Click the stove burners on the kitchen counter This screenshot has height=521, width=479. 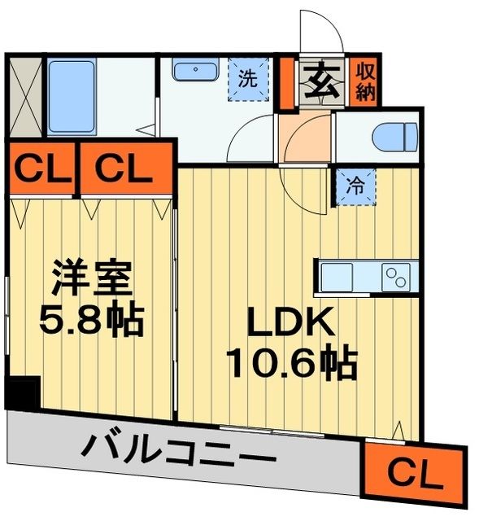pos(397,275)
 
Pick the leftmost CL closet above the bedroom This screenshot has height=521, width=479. pos(40,169)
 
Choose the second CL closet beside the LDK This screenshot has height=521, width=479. pos(125,169)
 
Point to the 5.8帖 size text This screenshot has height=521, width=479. pos(91,321)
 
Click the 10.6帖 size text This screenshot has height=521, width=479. pos(290,364)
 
